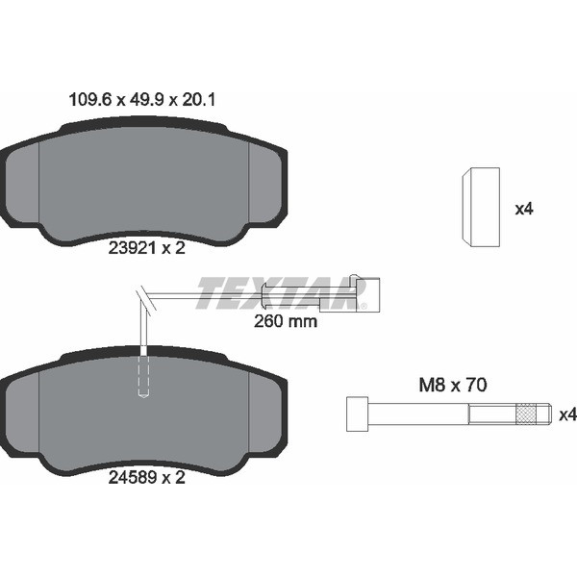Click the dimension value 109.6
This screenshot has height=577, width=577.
(x=89, y=100)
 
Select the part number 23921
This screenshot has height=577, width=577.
(x=132, y=248)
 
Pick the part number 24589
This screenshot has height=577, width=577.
(x=132, y=478)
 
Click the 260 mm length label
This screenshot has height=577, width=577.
(x=286, y=321)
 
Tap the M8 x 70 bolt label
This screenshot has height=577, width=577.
(x=453, y=385)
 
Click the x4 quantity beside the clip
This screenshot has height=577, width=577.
(x=524, y=210)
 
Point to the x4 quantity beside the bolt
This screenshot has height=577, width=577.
(x=568, y=415)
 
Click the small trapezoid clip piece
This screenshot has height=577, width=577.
(x=481, y=207)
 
